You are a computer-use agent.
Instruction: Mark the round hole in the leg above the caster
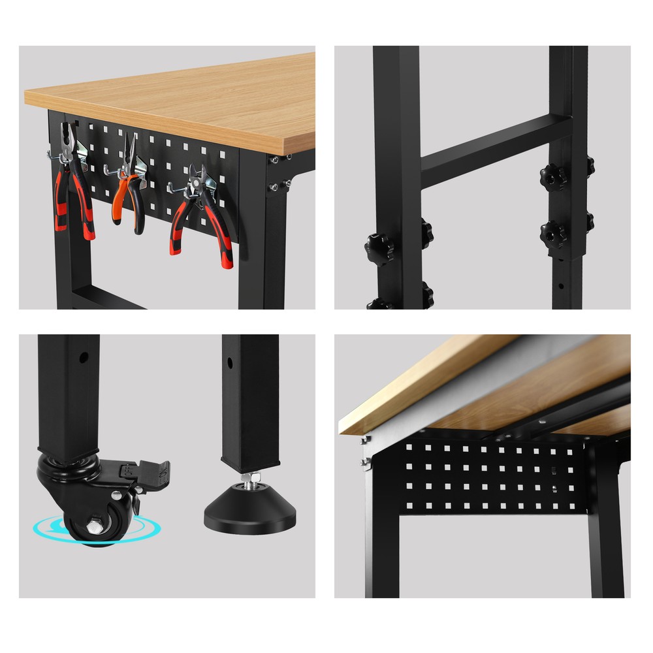tap(84, 358)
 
